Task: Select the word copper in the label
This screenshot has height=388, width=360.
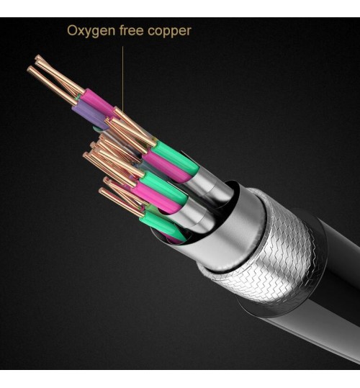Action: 169,32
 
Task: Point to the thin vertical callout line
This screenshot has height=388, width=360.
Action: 122,78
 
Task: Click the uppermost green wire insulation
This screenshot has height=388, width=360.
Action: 176,157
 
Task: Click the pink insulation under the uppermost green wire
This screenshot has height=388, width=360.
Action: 166,166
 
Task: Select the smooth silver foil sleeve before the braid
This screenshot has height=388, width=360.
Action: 222,235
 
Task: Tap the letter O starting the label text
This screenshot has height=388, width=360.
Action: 72,30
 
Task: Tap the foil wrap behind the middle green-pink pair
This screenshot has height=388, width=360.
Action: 195,217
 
